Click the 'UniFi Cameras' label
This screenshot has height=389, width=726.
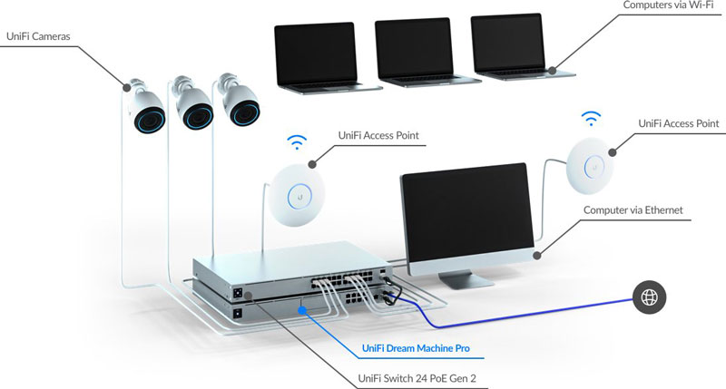pyautogui.click(x=38, y=36)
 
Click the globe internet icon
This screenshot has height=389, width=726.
pyautogui.click(x=650, y=296)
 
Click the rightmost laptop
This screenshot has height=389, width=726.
pyautogui.click(x=513, y=50)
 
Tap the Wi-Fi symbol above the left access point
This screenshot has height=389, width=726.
pyautogui.click(x=297, y=141)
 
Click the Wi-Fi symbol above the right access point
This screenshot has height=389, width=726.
pyautogui.click(x=592, y=118)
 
